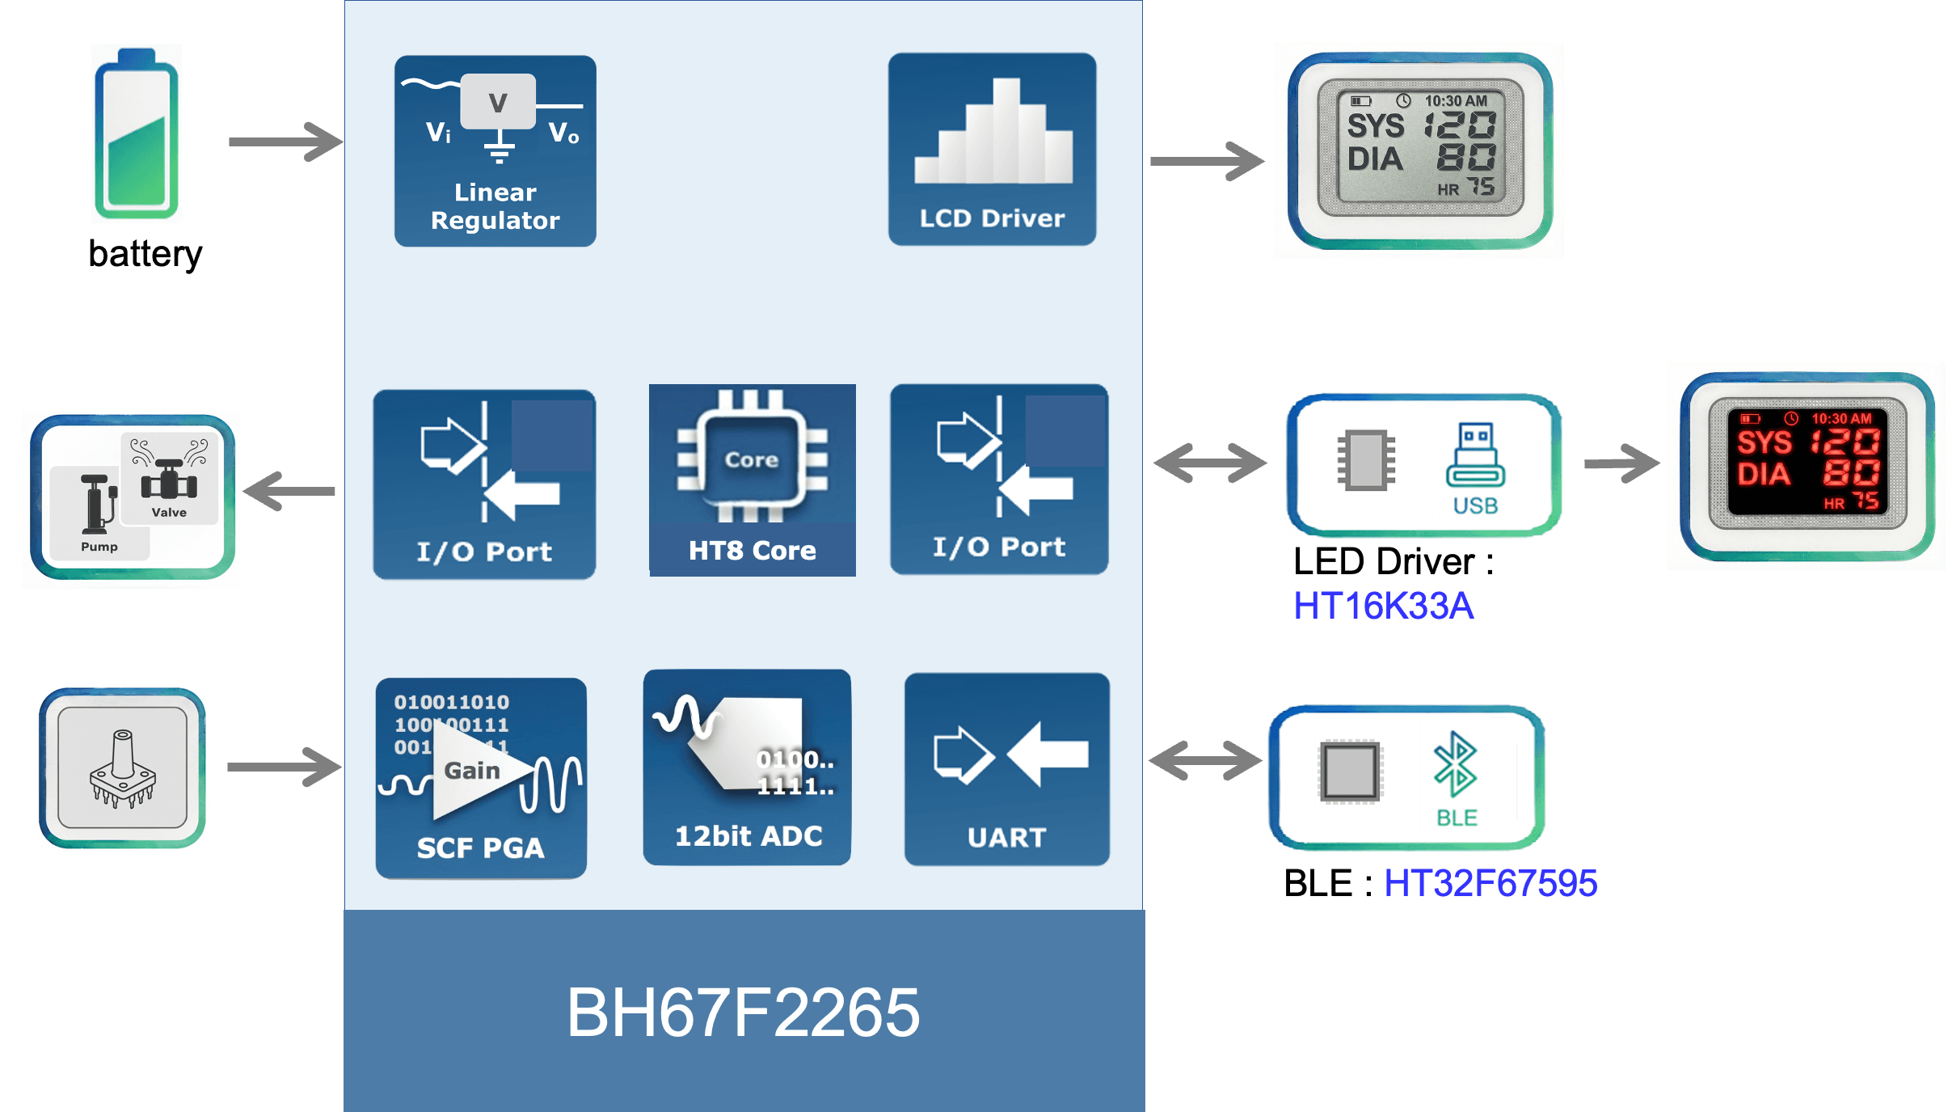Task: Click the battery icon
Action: tap(136, 134)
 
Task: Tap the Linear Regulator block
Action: tap(495, 151)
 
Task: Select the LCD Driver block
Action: tap(992, 150)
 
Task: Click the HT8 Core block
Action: tap(752, 480)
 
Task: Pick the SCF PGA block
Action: tap(481, 778)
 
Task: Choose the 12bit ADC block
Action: tap(747, 767)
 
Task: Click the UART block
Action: tap(1006, 769)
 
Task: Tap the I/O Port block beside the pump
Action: tap(484, 484)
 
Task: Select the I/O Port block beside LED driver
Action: tap(999, 480)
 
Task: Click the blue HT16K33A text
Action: tap(1383, 606)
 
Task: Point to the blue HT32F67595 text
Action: tap(1490, 882)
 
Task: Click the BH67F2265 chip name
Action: tap(743, 1013)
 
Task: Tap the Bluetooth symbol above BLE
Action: tap(1455, 763)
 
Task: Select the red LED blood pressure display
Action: tap(1807, 467)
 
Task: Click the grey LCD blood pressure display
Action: tap(1419, 150)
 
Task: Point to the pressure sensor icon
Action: tap(123, 770)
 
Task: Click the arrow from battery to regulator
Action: tap(285, 142)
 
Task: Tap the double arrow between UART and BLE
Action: tap(1204, 760)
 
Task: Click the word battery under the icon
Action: tap(145, 254)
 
